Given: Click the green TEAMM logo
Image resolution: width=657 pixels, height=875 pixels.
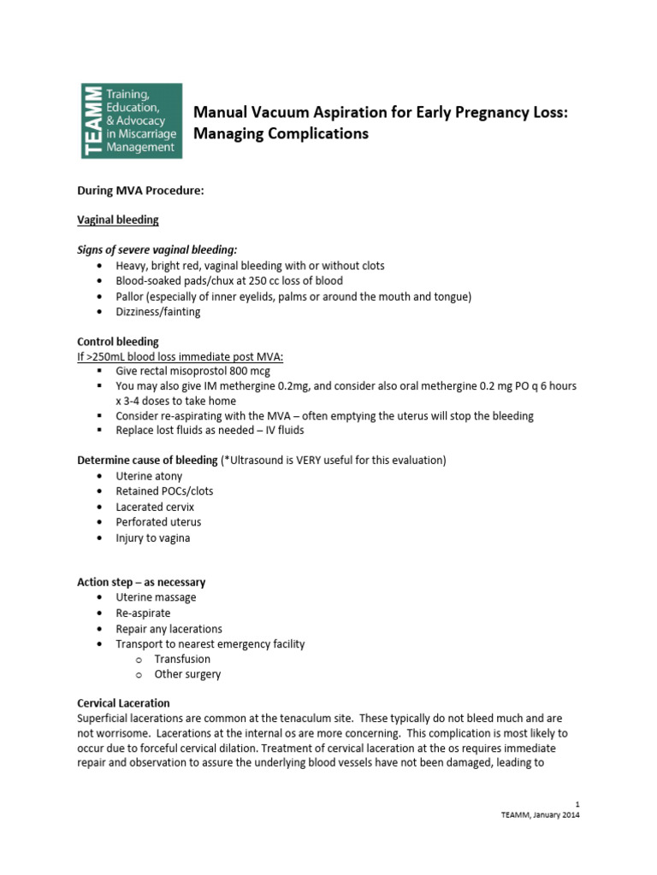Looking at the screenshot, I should tap(131, 120).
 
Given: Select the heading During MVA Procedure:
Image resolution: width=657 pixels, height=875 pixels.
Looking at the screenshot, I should tap(140, 191).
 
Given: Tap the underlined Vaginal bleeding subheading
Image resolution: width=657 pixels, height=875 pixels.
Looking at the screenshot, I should tap(118, 220).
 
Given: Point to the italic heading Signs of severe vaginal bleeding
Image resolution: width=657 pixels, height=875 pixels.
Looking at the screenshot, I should tap(157, 250).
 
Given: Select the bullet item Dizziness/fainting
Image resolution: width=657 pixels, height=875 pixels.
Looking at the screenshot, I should tap(158, 312).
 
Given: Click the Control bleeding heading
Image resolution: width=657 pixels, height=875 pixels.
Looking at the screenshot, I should tap(118, 342).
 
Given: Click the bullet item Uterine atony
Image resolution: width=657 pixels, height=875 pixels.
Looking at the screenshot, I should tap(150, 476).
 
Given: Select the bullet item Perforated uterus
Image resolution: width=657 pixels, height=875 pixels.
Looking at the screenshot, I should tap(159, 522).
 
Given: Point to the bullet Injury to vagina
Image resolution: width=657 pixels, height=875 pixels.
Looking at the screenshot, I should tap(153, 537).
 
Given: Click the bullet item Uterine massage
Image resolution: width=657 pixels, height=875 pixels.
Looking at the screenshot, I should tap(157, 597).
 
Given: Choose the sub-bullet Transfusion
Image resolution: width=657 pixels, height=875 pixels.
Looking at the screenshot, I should tap(182, 659).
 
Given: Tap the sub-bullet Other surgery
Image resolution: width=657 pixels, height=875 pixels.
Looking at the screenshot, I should tap(187, 674).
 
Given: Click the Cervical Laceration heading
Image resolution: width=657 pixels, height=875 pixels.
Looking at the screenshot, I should tap(121, 702).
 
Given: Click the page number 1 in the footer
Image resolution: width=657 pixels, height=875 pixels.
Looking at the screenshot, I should tap(578, 804).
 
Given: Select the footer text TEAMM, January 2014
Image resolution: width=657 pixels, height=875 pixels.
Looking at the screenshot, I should tap(541, 815).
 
